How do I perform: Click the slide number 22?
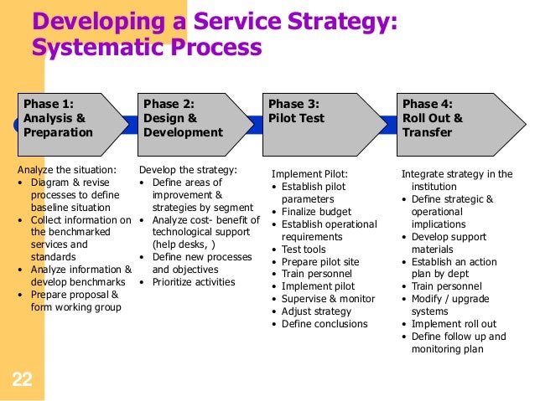23,382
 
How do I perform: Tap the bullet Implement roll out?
453,325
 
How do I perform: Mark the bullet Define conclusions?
324,324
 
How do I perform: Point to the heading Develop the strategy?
188,170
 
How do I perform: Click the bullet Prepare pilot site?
320,262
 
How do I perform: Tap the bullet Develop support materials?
452,244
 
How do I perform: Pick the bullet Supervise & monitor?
326,299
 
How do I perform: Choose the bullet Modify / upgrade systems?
453,306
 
